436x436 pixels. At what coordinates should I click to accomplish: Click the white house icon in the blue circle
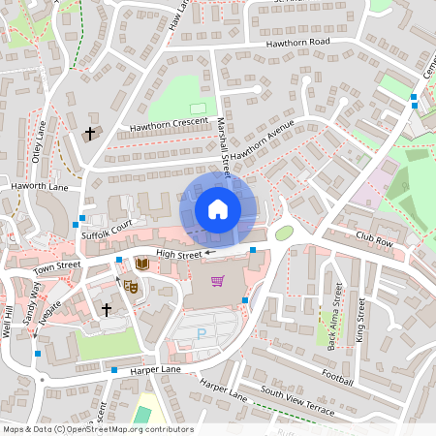(x=217, y=209)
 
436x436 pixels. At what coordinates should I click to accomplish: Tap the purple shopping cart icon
(x=218, y=281)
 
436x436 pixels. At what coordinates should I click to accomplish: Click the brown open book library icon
(x=142, y=264)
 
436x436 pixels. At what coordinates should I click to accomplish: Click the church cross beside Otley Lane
(x=92, y=133)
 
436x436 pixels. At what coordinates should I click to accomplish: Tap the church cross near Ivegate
(x=107, y=310)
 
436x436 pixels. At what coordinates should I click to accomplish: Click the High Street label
(x=177, y=255)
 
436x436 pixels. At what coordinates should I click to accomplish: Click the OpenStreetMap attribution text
(x=97, y=429)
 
